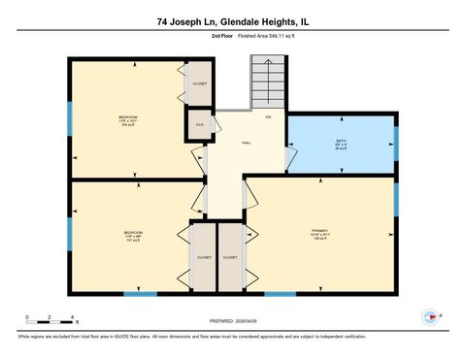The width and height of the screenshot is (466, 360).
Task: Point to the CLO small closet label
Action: (x=199, y=125)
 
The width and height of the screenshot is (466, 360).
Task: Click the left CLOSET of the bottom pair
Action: (x=204, y=257)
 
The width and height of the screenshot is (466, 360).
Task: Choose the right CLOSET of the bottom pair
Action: (x=230, y=257)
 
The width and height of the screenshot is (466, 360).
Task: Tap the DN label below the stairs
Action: (x=267, y=117)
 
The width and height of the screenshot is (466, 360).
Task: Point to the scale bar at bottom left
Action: (x=51, y=317)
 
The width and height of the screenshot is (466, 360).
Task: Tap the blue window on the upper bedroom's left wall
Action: (x=69, y=118)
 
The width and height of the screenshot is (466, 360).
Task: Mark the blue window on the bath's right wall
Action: (x=396, y=142)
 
